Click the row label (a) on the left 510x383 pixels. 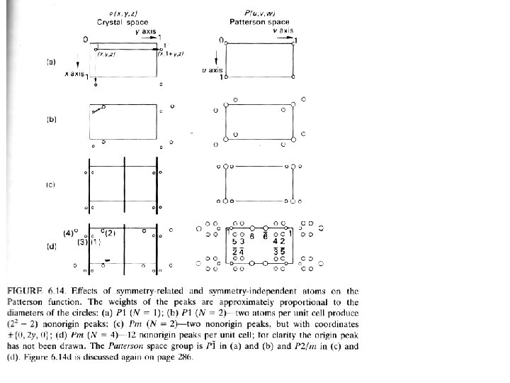coord(51,62)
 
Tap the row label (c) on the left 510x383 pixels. coord(51,184)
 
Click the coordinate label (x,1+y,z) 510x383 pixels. coord(172,54)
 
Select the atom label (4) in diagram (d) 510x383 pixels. coord(69,232)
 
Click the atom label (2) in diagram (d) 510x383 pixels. coord(110,232)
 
